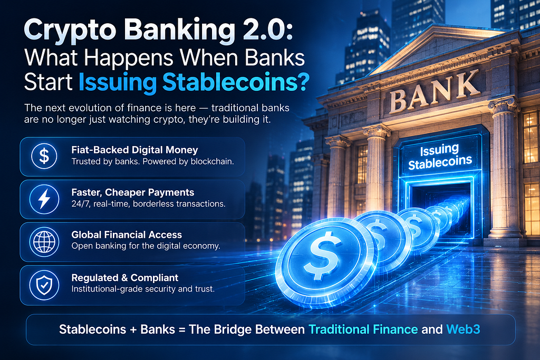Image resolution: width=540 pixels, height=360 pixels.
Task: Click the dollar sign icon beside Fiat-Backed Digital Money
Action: click(x=44, y=156)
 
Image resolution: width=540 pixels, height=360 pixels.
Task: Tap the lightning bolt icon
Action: click(x=44, y=199)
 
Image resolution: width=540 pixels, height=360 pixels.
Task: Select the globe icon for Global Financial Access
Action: click(x=44, y=241)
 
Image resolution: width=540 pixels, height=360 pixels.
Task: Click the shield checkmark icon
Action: click(x=44, y=285)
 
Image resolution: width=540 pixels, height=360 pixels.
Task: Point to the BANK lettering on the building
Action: click(x=435, y=92)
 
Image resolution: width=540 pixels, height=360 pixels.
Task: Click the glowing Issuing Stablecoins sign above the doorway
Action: click(x=440, y=157)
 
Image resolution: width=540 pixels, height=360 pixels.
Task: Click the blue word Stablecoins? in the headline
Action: click(x=236, y=83)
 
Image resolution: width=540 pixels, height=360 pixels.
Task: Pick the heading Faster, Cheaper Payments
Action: click(x=132, y=192)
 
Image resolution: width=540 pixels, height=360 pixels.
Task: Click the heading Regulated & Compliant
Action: click(x=124, y=277)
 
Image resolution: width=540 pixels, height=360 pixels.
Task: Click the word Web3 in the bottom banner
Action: click(x=463, y=329)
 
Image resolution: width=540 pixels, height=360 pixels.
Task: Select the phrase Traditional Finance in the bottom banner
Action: click(x=363, y=329)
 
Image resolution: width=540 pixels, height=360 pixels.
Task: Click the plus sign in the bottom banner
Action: click(x=133, y=330)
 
